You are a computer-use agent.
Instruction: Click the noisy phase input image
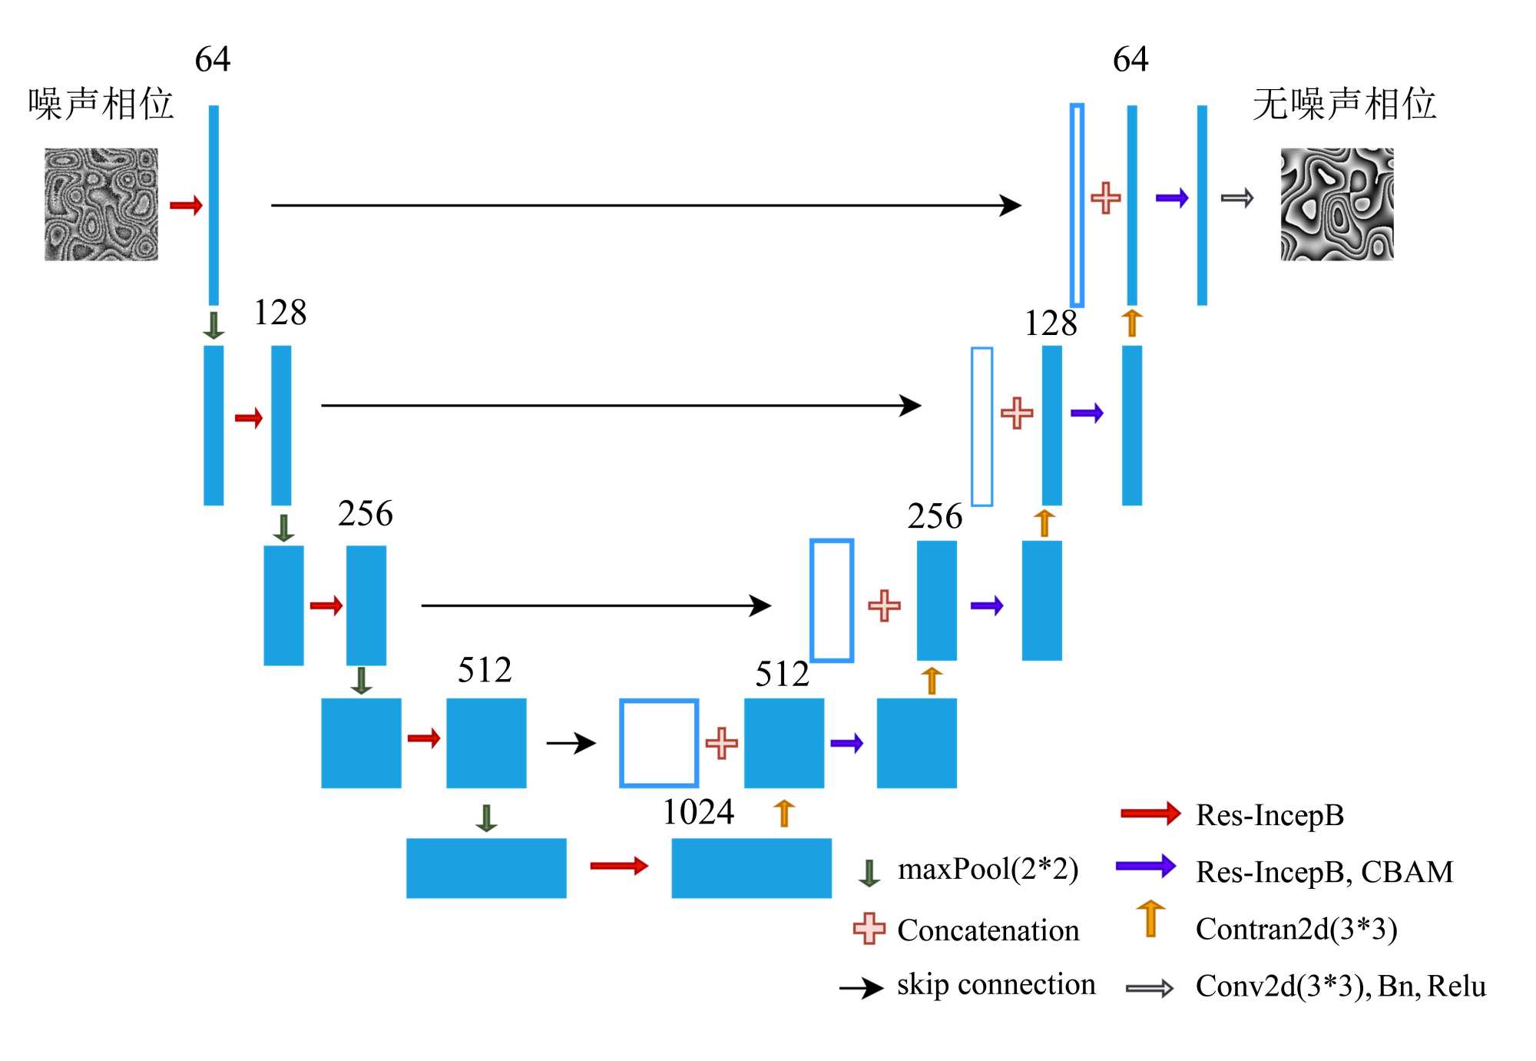point(101,204)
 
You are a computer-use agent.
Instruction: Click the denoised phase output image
point(1336,204)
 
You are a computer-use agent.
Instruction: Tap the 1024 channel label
point(698,812)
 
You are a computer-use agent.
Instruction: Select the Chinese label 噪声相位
point(101,104)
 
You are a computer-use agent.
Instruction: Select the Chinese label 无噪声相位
point(1344,104)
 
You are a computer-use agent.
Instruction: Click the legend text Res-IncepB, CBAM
point(1324,872)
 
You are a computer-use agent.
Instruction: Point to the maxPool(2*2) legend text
point(988,870)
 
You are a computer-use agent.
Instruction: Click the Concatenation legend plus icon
point(869,928)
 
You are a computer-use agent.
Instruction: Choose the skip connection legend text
point(995,985)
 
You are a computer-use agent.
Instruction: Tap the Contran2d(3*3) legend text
point(1296,929)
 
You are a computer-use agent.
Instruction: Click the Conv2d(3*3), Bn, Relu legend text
point(1340,986)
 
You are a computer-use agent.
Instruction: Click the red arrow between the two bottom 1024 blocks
point(619,867)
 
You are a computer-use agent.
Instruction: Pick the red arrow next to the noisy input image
point(186,205)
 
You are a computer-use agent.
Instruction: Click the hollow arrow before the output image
point(1236,199)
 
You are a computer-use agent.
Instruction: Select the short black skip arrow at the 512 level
point(571,743)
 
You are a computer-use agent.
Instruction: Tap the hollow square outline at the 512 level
point(659,743)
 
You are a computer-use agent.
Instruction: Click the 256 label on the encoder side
point(365,513)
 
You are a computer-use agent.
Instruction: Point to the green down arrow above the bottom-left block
point(486,818)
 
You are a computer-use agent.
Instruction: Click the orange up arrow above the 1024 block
point(783,813)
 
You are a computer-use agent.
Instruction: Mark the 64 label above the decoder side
point(1130,59)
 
